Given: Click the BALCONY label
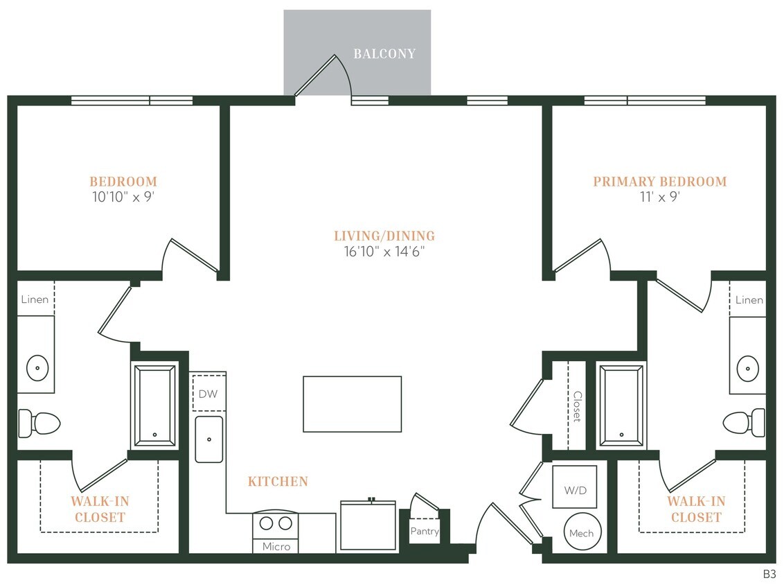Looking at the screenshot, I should (x=384, y=54).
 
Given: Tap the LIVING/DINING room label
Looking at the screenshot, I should (x=384, y=236).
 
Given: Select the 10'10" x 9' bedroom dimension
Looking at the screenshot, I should (x=123, y=197).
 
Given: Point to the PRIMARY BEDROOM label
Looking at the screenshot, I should (x=659, y=182).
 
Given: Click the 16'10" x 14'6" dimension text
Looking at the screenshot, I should (x=384, y=252).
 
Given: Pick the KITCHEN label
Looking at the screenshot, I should (x=278, y=481).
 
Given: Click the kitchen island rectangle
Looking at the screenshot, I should (x=352, y=404).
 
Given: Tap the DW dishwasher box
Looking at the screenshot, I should (x=208, y=394).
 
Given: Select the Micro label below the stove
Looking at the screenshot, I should (x=276, y=546).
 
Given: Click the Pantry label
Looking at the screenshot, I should (x=424, y=531).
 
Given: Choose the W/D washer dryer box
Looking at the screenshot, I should (x=575, y=490).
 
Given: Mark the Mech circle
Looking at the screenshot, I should (x=581, y=532).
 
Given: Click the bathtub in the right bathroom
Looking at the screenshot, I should (x=621, y=406).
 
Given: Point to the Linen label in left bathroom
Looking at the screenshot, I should (x=35, y=299).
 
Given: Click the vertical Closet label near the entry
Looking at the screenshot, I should (x=576, y=406).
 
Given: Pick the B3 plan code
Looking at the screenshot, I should (x=769, y=574).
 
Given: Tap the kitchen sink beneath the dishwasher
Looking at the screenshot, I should (x=208, y=439).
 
